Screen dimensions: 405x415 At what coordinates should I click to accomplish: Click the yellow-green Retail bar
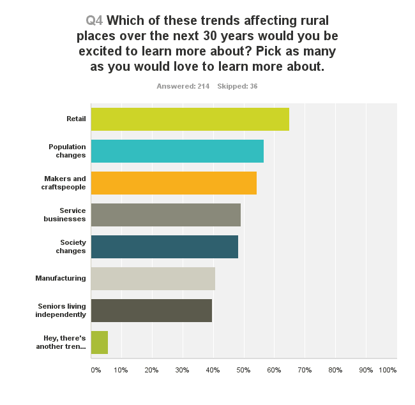pyautogui.click(x=190, y=119)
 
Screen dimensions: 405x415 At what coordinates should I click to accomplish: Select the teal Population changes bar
pyautogui.click(x=177, y=151)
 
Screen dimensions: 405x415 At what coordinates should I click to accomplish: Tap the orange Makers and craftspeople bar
pyautogui.click(x=174, y=183)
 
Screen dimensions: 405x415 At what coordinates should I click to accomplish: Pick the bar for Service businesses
pyautogui.click(x=165, y=215)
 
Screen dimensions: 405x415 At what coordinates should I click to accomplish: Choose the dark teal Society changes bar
pyautogui.click(x=164, y=247)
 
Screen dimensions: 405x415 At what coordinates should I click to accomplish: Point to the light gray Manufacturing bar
pyautogui.click(x=153, y=279)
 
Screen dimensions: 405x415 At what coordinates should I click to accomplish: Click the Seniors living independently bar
pyautogui.click(x=151, y=311)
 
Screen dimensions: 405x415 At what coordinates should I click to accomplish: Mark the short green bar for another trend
pyautogui.click(x=100, y=342)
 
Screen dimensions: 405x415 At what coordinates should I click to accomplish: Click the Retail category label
pyautogui.click(x=76, y=119)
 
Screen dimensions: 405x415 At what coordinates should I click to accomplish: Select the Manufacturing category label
pyautogui.click(x=61, y=279)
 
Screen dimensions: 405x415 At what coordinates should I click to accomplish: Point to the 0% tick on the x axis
pyautogui.click(x=96, y=370)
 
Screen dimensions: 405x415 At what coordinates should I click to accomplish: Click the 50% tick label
pyautogui.click(x=243, y=370)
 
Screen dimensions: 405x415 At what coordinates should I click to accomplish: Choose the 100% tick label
pyautogui.click(x=388, y=370)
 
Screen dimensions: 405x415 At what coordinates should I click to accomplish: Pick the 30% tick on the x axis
pyautogui.click(x=182, y=370)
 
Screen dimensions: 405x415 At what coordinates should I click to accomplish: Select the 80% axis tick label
pyautogui.click(x=335, y=370)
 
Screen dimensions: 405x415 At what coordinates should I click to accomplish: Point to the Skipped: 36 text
pyautogui.click(x=237, y=86)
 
